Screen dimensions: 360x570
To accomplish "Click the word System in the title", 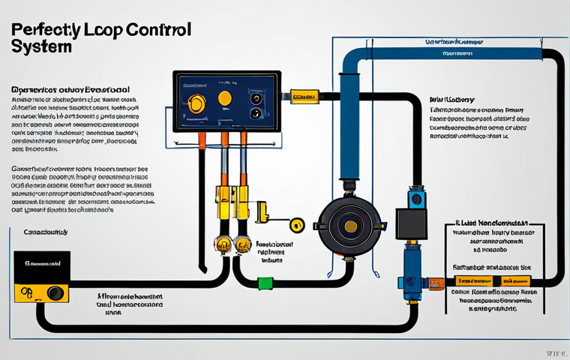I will pyautogui.click(x=42, y=47).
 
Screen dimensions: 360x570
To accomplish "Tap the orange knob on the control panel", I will pyautogui.click(x=224, y=97).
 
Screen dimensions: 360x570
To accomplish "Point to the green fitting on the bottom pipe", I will pyautogui.click(x=264, y=283).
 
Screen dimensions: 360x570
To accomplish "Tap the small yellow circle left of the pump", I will pyautogui.click(x=297, y=223).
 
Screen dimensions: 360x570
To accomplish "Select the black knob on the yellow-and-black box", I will pyautogui.click(x=54, y=292).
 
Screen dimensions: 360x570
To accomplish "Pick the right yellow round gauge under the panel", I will pyautogui.click(x=241, y=244).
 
